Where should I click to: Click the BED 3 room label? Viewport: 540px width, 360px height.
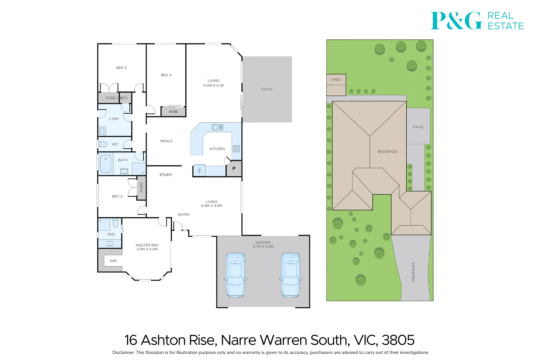coord(121,68)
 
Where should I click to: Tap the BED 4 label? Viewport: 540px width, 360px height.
coord(166,75)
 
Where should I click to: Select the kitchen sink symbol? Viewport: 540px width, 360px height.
coord(218,127)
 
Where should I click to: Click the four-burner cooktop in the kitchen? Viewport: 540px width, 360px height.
coord(236,149)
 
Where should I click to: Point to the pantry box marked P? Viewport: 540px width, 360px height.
coord(234,169)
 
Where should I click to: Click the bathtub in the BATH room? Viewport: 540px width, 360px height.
coord(106,164)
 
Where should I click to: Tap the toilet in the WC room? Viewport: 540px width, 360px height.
coord(103,144)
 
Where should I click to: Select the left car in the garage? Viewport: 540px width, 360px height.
coord(235,275)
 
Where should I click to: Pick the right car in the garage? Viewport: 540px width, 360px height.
coord(291,275)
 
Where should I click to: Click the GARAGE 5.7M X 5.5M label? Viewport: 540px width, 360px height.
coord(263,245)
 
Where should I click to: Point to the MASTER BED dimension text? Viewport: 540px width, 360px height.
coord(147,249)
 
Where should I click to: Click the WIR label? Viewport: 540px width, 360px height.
coord(113,261)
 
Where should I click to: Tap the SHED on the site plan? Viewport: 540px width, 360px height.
coord(336,85)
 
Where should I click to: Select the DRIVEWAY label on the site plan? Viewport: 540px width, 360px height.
coord(413,272)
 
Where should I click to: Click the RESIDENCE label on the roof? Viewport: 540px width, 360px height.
coord(388,152)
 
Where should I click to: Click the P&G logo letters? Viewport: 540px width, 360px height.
coord(456,21)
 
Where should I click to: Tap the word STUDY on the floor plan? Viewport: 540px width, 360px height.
coord(166,175)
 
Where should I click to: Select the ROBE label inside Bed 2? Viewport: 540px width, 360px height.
coord(141,187)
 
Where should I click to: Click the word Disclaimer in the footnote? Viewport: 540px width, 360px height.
coord(123,353)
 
